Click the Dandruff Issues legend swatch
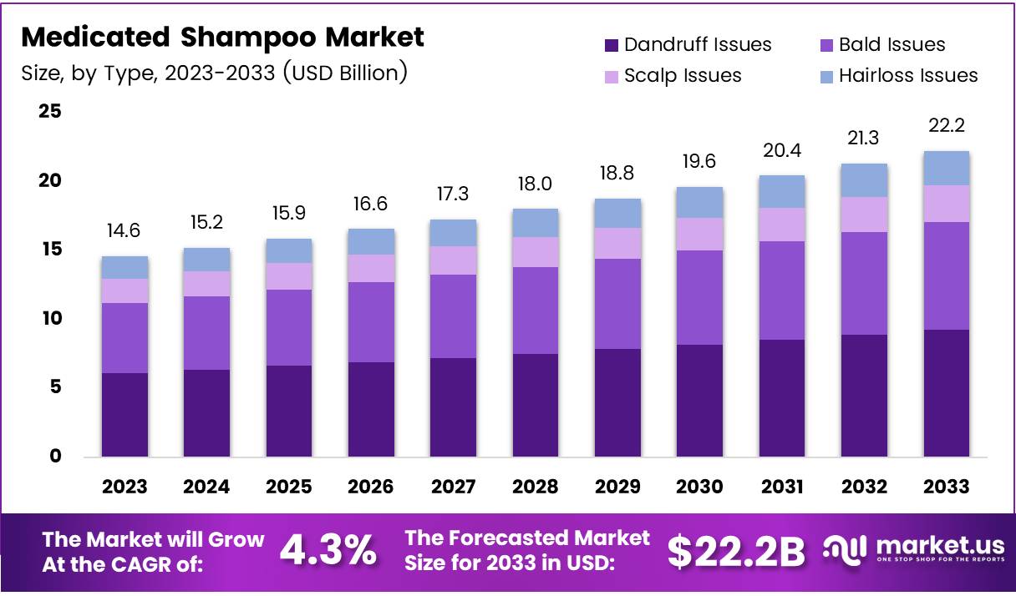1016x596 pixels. pyautogui.click(x=611, y=45)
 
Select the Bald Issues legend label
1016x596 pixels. pyautogui.click(x=892, y=45)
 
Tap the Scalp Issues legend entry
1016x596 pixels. pyautogui.click(x=683, y=76)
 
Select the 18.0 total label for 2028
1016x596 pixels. pyautogui.click(x=535, y=184)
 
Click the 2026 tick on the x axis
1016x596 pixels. pyautogui.click(x=371, y=487)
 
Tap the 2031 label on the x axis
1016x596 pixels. pyautogui.click(x=781, y=487)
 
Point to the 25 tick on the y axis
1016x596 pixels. pyautogui.click(x=49, y=111)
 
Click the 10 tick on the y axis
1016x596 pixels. pyautogui.click(x=49, y=318)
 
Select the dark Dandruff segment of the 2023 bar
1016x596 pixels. pyautogui.click(x=125, y=415)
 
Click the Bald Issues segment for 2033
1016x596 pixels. pyautogui.click(x=946, y=275)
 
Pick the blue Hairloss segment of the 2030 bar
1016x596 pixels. pyautogui.click(x=698, y=202)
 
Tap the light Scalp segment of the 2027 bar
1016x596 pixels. pyautogui.click(x=453, y=260)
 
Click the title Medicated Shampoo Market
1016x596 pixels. pyautogui.click(x=222, y=38)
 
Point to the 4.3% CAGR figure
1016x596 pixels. pyautogui.click(x=328, y=550)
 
